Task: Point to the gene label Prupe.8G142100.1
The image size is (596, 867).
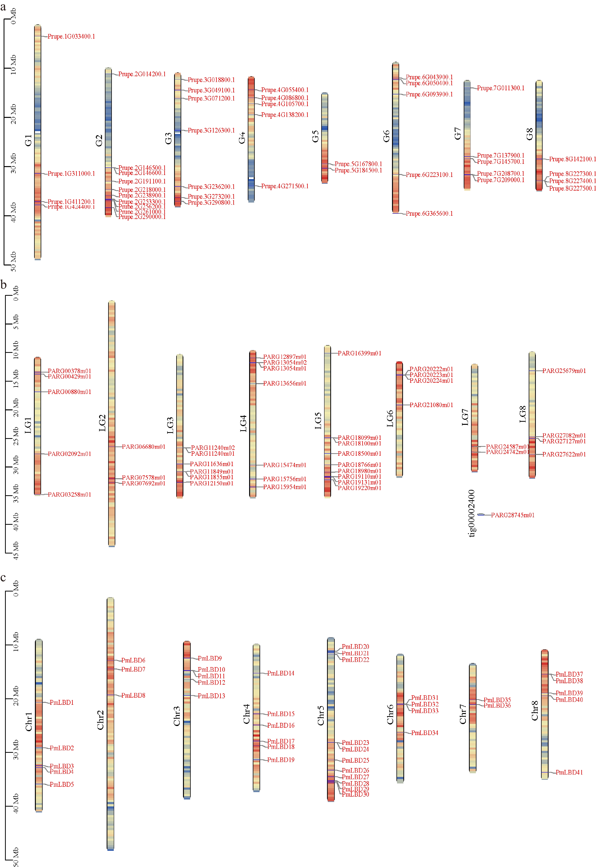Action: point(572,159)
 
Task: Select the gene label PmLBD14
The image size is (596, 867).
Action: point(280,673)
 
